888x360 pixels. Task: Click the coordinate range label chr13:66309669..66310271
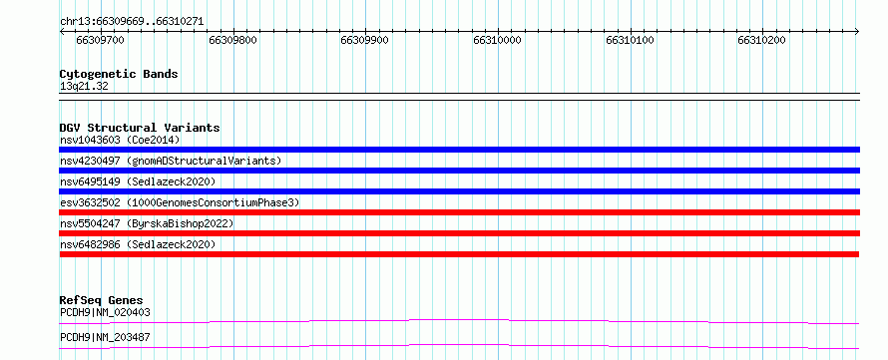(x=132, y=22)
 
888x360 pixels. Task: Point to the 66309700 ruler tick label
(x=100, y=40)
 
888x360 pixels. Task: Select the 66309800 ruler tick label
(x=232, y=40)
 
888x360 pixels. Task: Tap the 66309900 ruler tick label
(x=365, y=40)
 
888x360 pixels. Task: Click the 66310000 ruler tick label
(x=497, y=40)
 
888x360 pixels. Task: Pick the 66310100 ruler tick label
(x=630, y=40)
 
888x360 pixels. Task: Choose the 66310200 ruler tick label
(x=761, y=40)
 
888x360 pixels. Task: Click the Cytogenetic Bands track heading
(x=119, y=74)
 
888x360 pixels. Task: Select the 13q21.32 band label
(x=84, y=87)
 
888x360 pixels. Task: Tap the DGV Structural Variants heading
(x=140, y=128)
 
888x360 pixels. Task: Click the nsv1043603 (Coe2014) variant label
(x=120, y=140)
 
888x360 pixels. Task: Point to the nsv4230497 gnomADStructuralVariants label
(x=171, y=161)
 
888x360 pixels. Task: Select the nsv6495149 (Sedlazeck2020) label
(x=138, y=181)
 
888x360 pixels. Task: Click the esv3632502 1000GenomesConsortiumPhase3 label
(x=180, y=202)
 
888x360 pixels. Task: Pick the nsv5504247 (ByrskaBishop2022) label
(x=147, y=223)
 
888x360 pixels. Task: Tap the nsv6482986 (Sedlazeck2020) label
(x=138, y=244)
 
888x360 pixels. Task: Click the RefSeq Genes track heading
(x=102, y=300)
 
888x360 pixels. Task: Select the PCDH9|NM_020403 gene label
(x=106, y=312)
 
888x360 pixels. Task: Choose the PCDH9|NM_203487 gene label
(x=106, y=337)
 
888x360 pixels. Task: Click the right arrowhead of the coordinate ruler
(x=858, y=31)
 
